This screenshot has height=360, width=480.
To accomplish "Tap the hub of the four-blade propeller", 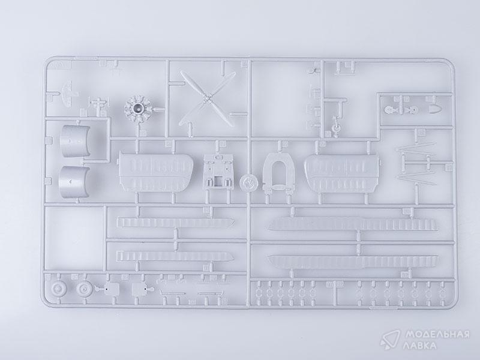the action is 208,99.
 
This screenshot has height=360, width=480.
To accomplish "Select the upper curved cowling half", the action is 75,141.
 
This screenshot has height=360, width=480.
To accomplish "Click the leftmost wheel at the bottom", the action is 58,289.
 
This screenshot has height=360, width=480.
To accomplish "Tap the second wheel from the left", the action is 84,289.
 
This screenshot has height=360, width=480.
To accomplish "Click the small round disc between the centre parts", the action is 248,183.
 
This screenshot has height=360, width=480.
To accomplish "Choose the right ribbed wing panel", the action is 343,173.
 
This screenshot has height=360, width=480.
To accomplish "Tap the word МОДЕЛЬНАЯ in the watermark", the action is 437,334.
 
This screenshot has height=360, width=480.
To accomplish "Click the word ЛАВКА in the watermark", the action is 421,346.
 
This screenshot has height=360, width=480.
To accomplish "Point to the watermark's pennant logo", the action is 389,339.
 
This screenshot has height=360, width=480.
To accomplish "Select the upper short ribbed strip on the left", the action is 175,222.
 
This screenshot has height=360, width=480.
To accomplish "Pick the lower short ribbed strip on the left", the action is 175,256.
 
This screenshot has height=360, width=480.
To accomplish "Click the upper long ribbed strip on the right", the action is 353,224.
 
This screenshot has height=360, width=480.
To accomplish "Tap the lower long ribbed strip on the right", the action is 353,262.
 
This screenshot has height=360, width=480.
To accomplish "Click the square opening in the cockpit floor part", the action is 218,181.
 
